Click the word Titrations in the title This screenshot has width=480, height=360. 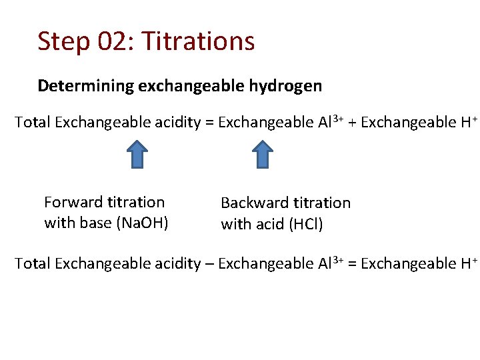pyautogui.click(x=199, y=41)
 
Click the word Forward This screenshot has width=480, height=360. pyautogui.click(x=73, y=202)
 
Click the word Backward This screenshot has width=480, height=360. pyautogui.click(x=254, y=203)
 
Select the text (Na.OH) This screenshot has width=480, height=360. pyautogui.click(x=142, y=223)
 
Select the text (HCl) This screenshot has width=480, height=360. pyautogui.click(x=306, y=224)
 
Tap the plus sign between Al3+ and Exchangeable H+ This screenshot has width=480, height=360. pyautogui.click(x=351, y=123)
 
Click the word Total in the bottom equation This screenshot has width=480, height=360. pyautogui.click(x=32, y=264)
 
